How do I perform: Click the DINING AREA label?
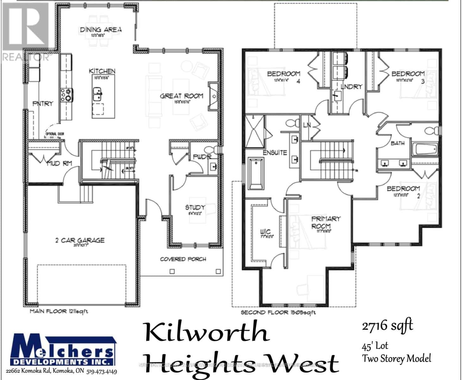point(101,30)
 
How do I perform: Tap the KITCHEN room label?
point(102,71)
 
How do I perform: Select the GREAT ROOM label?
point(181,96)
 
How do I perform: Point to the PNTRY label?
point(43,104)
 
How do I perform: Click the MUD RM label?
point(59,164)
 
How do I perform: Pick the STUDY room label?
point(195,207)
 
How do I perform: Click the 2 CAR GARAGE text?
point(80,240)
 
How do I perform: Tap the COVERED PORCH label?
point(183,259)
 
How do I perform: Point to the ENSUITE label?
point(275,153)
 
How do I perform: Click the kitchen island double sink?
point(97,94)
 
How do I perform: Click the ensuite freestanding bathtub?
point(256,173)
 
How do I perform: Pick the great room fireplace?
point(213,96)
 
